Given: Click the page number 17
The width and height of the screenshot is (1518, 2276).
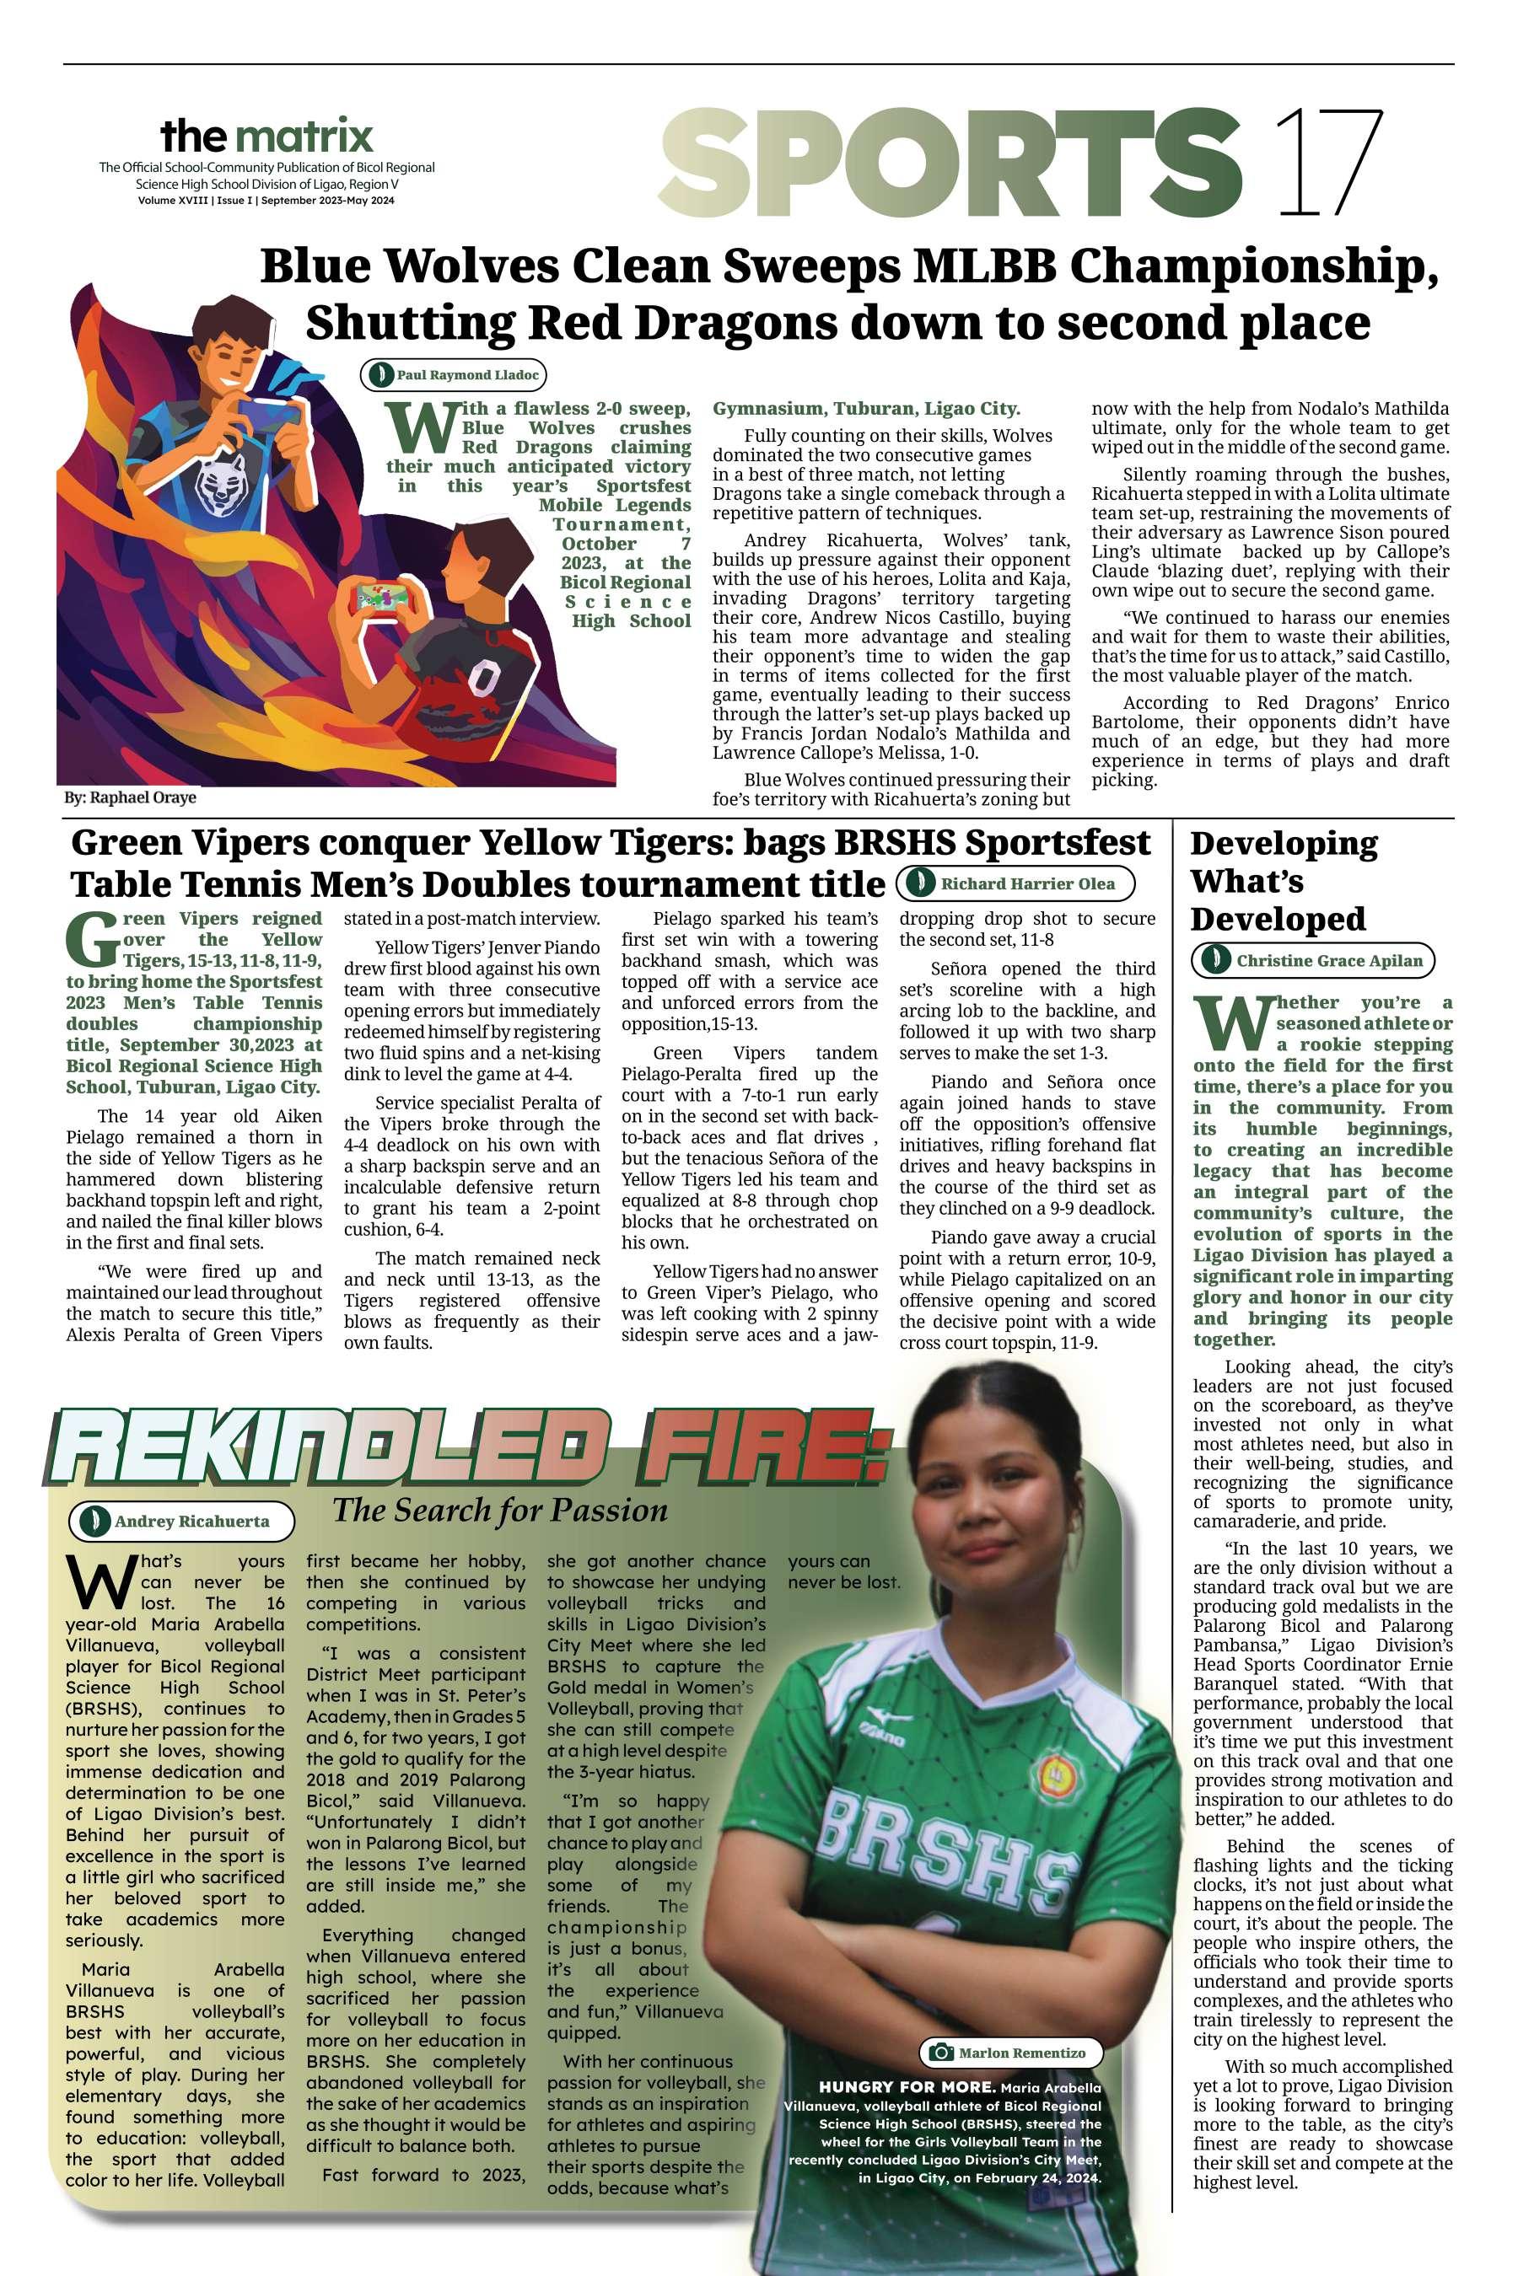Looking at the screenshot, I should click(1329, 161).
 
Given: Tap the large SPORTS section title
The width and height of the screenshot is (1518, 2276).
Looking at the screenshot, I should click(953, 162).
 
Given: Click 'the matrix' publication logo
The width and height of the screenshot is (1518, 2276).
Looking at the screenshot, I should click(266, 136).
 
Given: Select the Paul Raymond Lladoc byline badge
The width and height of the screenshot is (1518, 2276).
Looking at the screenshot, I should click(452, 374).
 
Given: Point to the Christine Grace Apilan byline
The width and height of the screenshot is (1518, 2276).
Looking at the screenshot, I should click(1314, 960).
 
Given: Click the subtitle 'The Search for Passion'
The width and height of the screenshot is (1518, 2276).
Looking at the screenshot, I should click(499, 1510).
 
